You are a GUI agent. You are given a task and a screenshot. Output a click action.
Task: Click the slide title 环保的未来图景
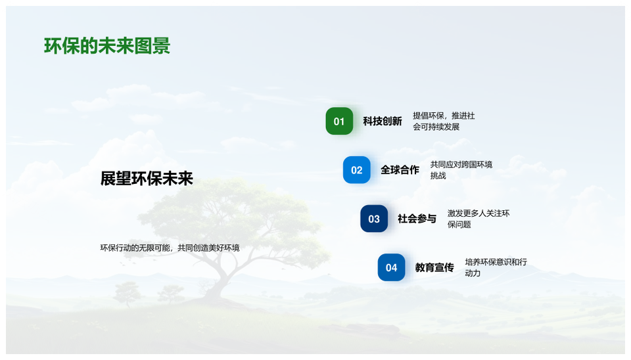coord(107,46)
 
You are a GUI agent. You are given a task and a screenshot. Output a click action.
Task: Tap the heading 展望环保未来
coord(147,179)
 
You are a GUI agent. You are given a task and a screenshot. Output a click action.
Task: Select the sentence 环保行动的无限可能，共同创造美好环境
coord(170,248)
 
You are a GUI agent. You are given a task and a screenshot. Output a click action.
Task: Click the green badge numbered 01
coord(339,121)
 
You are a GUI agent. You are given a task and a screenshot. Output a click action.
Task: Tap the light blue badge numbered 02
coord(356,169)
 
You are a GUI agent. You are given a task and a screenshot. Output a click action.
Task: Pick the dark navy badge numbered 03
coord(374,218)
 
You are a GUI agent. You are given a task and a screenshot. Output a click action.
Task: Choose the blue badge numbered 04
coord(391,267)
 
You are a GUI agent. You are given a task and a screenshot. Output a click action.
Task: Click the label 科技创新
coord(383,121)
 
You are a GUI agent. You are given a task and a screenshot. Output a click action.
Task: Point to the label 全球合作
coord(400,169)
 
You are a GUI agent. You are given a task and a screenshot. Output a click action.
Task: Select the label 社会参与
coord(417,219)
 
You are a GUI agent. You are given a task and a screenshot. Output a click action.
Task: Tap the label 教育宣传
coord(434,267)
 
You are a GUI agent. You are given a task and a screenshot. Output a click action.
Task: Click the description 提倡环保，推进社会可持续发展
coord(444,121)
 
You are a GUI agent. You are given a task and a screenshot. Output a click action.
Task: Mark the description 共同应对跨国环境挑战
coord(461,169)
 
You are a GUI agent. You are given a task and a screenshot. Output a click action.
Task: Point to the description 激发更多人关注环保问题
coord(479,219)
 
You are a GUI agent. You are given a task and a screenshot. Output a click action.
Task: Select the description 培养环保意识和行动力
coord(496,267)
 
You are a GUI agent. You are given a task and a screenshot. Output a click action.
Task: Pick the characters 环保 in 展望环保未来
coord(147,179)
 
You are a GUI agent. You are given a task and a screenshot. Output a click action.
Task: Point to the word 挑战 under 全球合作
coord(438,175)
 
